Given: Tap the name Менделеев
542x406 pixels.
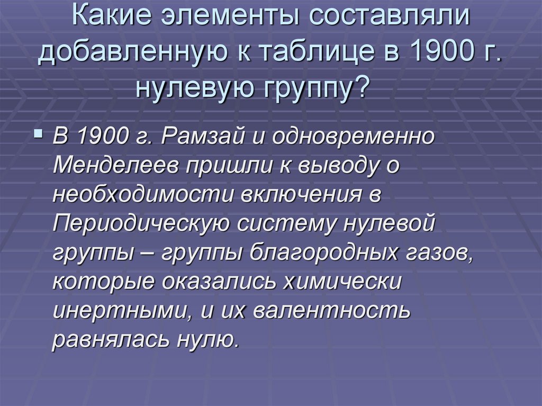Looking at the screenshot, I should point(113,167).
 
